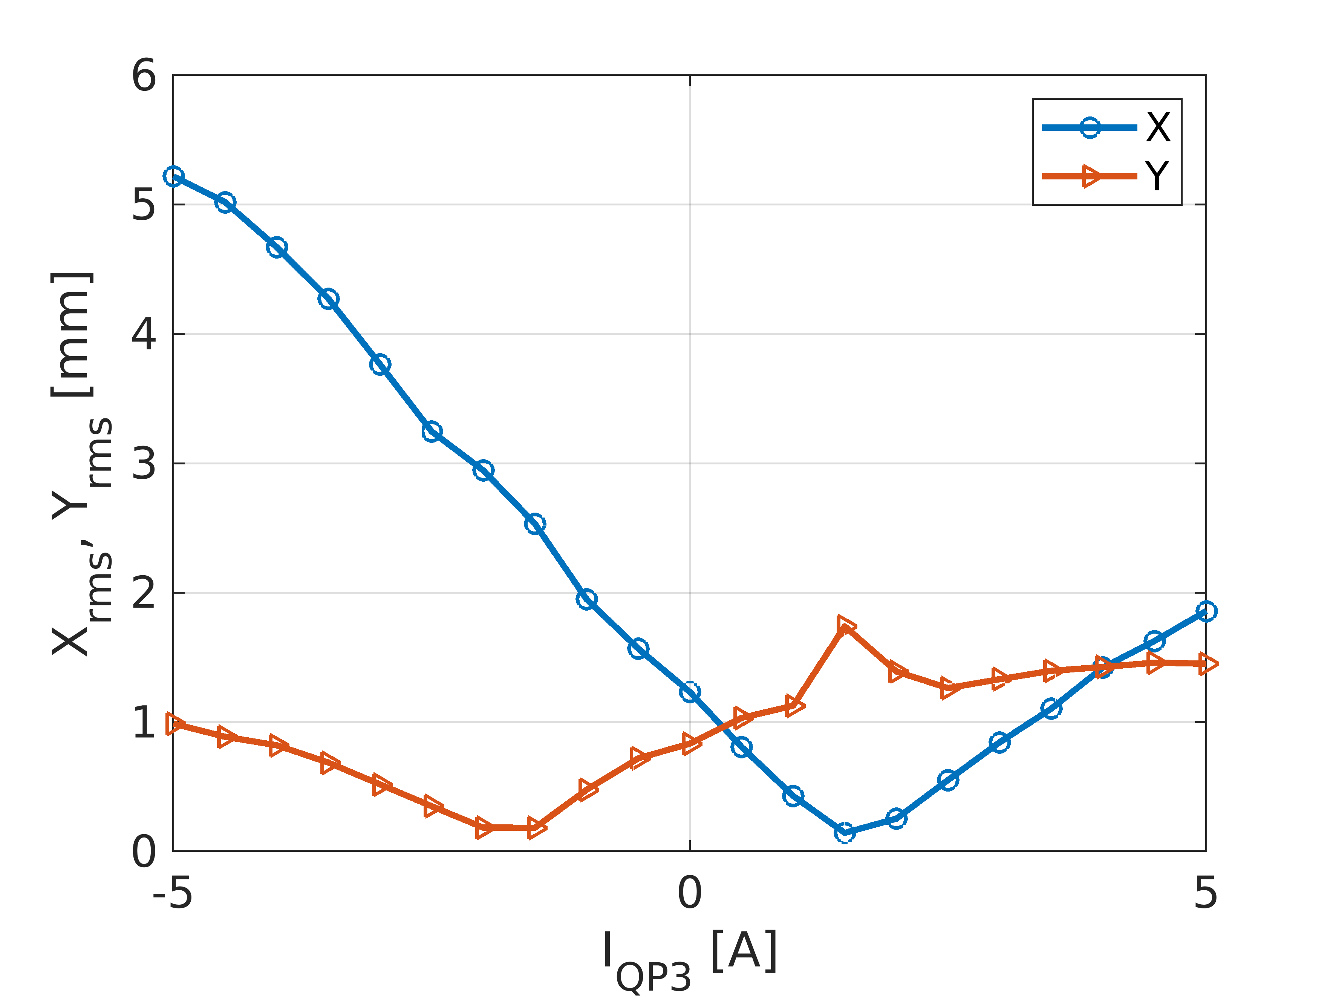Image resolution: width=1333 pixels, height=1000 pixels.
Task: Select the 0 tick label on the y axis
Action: [x=144, y=852]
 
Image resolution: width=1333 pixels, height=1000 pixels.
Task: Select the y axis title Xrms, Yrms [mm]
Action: [x=81, y=464]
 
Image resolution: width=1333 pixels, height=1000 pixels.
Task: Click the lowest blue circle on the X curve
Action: [x=845, y=832]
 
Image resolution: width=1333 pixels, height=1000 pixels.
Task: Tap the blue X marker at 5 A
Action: [x=1206, y=611]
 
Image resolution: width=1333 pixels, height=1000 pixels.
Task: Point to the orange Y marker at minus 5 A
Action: [x=175, y=724]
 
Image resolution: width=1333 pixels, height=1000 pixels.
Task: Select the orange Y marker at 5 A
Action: [x=1207, y=664]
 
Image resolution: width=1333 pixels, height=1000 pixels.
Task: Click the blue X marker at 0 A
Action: [x=689, y=692]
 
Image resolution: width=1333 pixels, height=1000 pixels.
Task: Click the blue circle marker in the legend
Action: [x=1090, y=128]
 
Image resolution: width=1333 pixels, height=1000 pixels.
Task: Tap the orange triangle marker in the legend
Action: [x=1091, y=176]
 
